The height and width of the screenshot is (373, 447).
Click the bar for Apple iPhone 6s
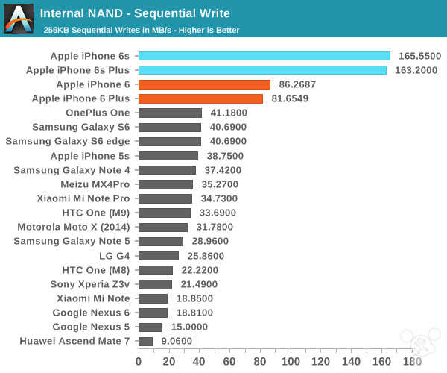point(264,56)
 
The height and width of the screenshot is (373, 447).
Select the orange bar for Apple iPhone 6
point(204,84)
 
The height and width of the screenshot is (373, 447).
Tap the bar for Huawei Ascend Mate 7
point(145,341)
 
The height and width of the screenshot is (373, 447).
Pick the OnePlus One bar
point(170,113)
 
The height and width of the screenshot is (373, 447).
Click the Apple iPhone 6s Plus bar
point(262,70)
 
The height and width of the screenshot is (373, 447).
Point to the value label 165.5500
point(420,56)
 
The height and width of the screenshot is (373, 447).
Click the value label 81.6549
point(293,98)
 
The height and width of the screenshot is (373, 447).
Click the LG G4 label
point(114,256)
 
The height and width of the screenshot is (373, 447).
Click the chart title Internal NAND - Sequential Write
point(135,13)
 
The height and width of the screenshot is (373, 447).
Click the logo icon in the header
point(19,19)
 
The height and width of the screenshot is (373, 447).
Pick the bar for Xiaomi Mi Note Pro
point(165,198)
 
